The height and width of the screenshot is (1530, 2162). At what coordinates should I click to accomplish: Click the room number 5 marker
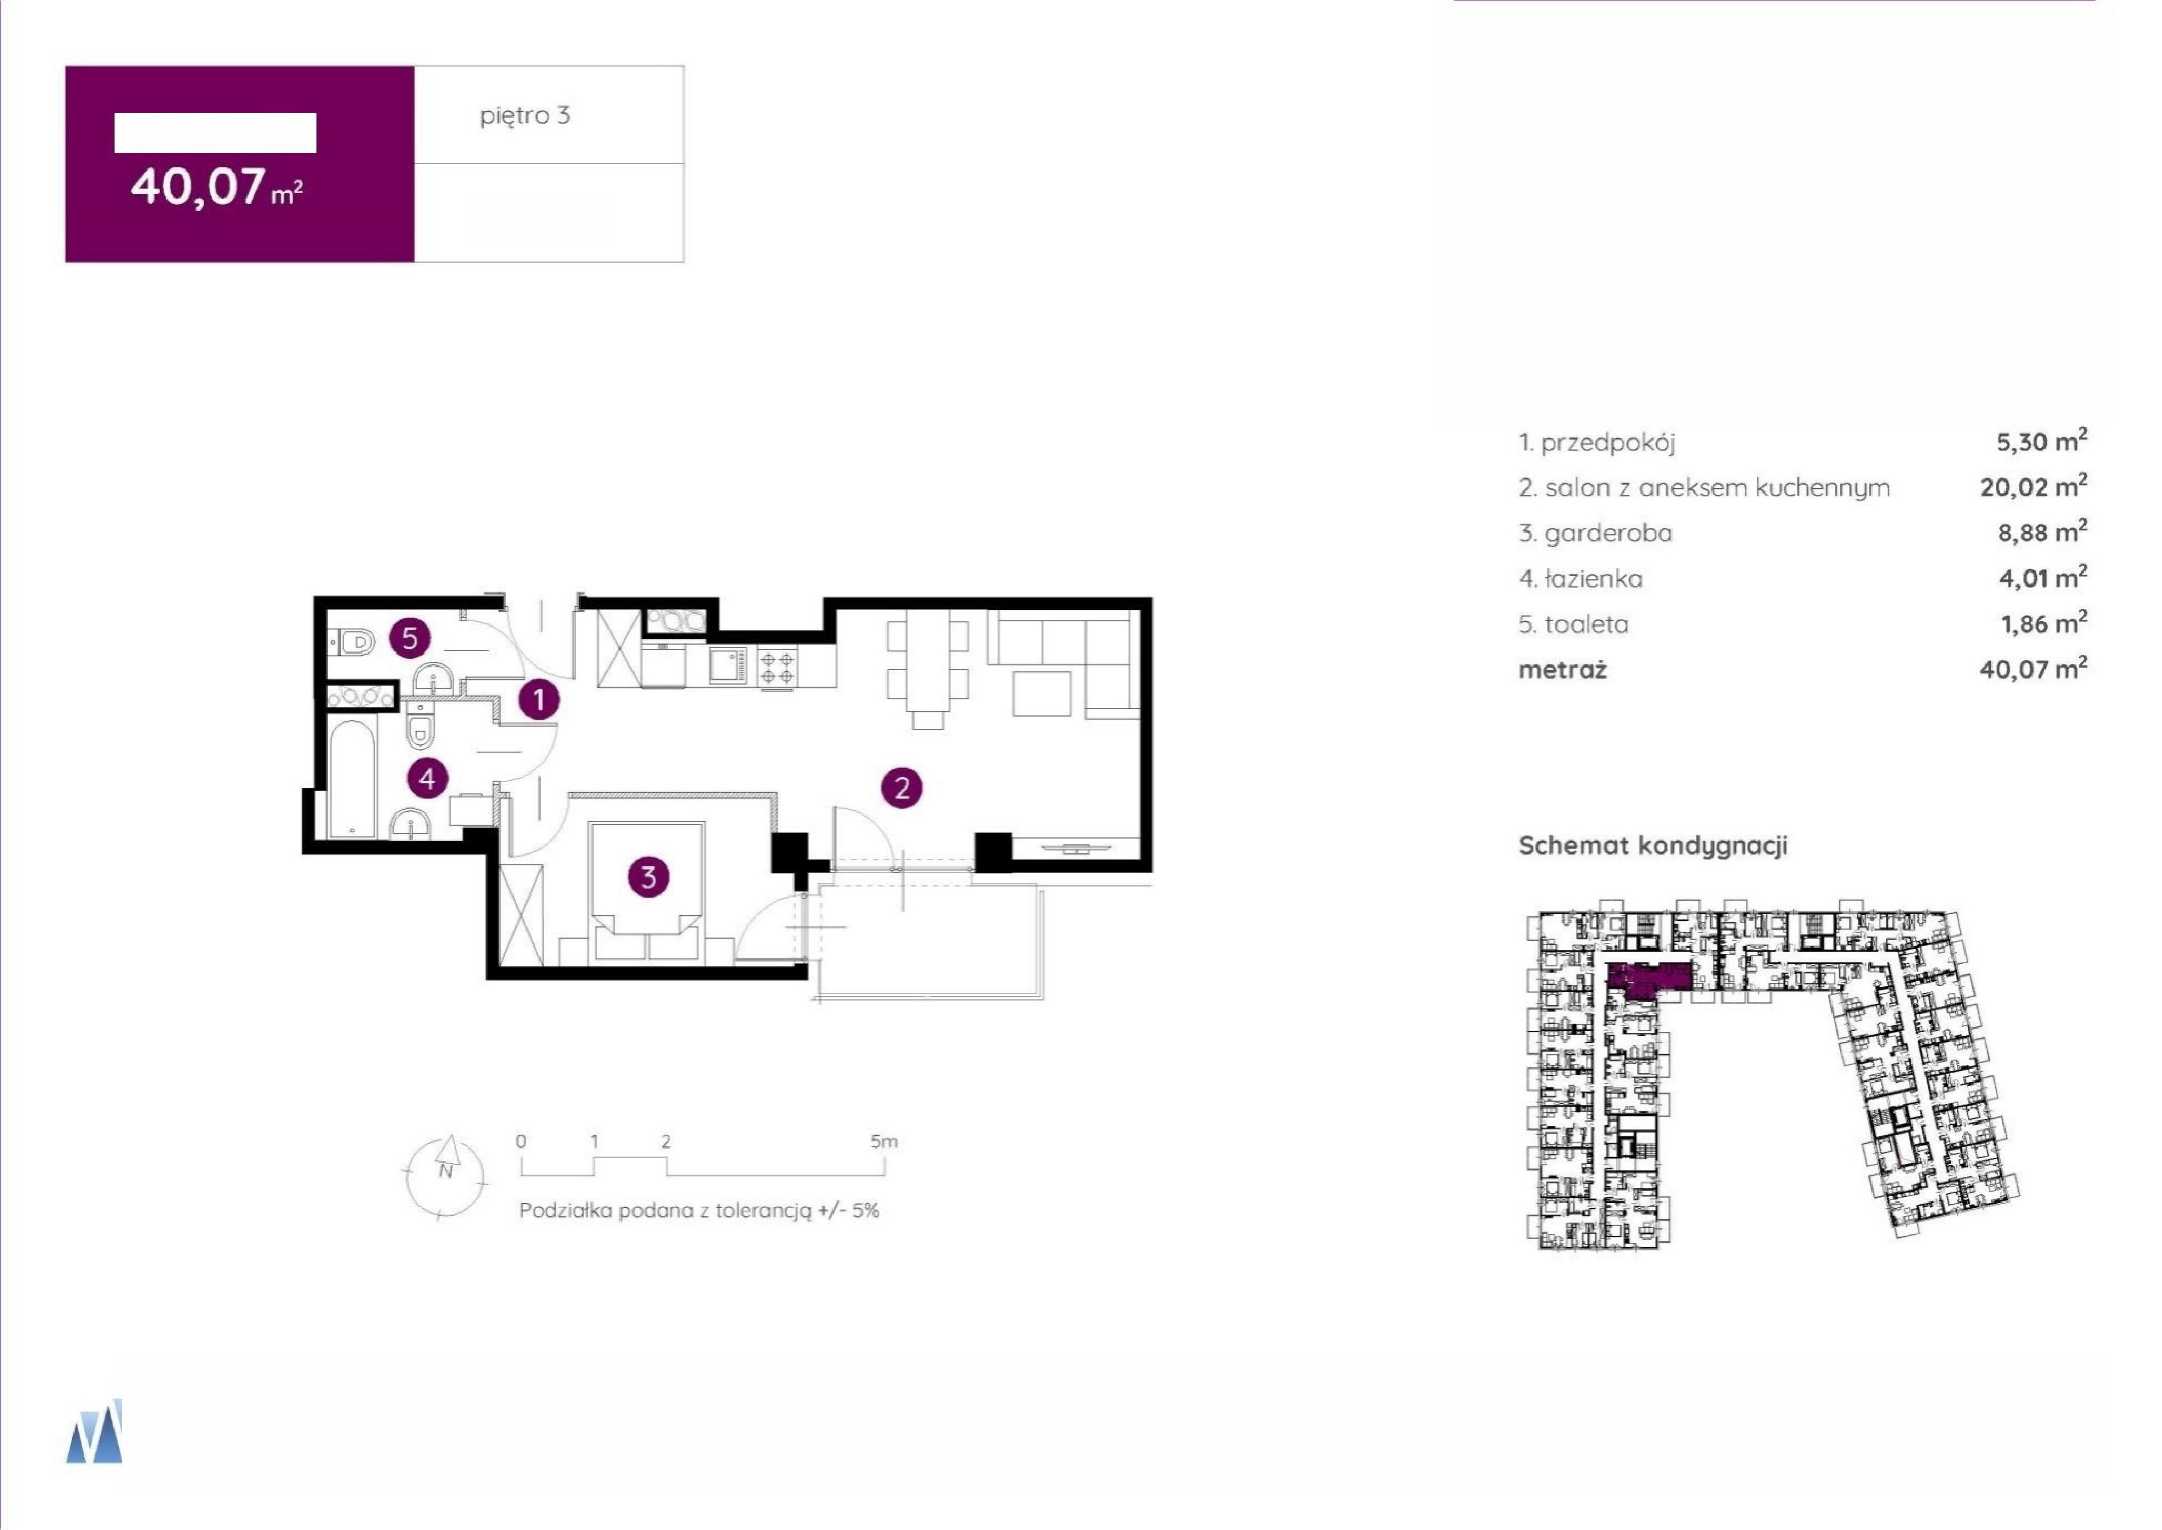pos(410,639)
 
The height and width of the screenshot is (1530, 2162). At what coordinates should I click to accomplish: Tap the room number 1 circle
pos(539,700)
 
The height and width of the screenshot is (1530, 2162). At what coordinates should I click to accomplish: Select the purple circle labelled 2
pos(901,787)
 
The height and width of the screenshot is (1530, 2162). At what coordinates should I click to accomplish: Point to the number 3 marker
pos(648,877)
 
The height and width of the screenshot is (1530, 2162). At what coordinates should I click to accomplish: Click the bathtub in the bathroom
pos(352,778)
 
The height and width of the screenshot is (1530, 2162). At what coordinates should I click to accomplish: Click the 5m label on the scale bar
pos(884,1142)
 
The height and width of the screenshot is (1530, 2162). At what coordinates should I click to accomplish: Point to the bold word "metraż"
pos(1562,669)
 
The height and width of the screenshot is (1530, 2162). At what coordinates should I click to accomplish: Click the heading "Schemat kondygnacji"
pos(1652,845)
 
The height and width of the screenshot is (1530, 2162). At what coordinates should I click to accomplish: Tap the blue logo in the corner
pos(94,1430)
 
